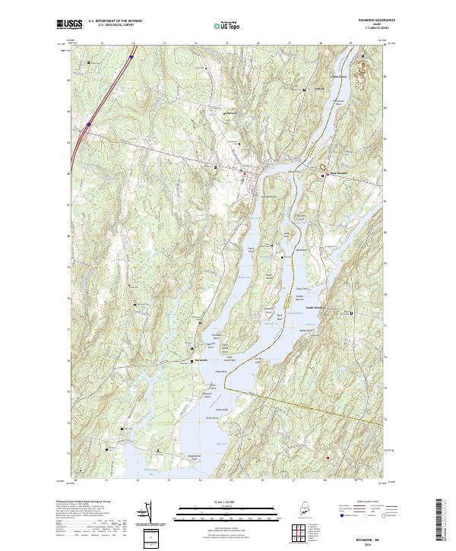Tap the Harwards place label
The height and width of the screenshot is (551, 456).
click(201, 360)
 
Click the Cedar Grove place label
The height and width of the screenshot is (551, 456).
click(337, 77)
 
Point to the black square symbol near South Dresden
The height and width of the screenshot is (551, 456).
click(353, 312)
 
